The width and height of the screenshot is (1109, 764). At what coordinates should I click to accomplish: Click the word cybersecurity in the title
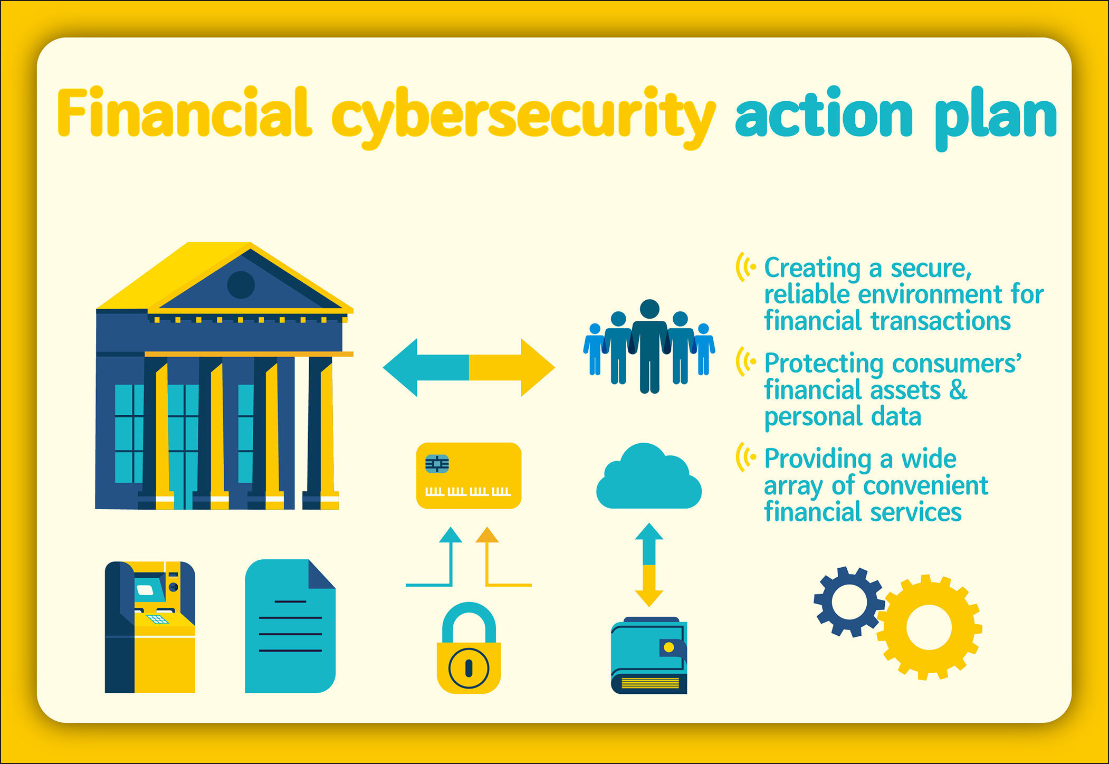coord(523,117)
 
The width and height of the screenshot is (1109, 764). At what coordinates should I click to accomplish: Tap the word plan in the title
coord(996,119)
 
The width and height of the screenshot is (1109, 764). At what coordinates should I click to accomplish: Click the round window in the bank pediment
coord(241,285)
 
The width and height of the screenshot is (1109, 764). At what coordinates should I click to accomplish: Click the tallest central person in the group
coord(649,346)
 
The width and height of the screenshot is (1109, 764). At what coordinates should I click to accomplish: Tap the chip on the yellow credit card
coord(437,464)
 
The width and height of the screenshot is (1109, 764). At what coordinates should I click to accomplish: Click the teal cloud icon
coord(649,476)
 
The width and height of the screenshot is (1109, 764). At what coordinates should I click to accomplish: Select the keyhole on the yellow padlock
coord(469,668)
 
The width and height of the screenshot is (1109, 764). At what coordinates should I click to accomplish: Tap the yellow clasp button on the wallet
coord(669,647)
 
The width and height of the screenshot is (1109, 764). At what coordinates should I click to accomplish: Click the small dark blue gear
coord(849,602)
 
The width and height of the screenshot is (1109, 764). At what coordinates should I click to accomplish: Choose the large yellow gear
coord(929,627)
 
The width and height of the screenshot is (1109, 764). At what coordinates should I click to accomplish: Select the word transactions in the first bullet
coord(941,321)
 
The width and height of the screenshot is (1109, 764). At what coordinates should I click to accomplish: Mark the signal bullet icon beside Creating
coord(746,267)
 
